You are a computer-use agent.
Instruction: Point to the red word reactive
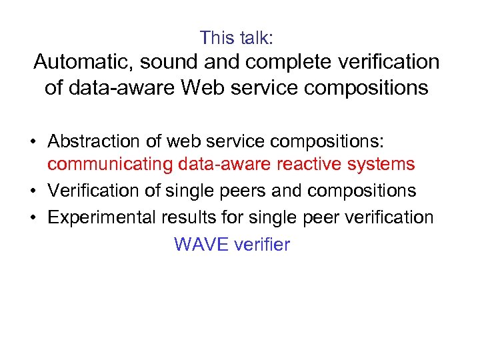(x=318, y=163)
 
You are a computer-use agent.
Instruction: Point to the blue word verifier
(x=263, y=245)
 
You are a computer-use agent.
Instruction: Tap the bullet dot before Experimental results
(x=32, y=219)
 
